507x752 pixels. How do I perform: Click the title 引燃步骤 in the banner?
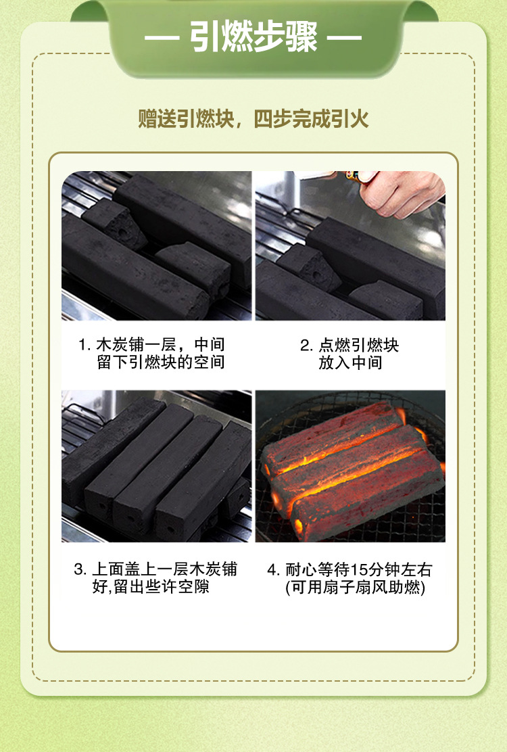pos(254,37)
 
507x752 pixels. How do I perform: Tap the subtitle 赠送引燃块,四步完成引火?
pos(254,119)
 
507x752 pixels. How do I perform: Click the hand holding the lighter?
pos(402,192)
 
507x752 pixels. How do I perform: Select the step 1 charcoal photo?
pos(157,245)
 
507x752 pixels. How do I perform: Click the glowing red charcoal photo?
pos(350,466)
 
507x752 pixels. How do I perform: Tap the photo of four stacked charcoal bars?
pos(157,466)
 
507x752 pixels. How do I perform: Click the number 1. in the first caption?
pos(84,345)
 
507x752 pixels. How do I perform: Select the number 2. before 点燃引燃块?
pos(307,346)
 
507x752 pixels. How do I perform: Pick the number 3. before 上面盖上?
pos(80,570)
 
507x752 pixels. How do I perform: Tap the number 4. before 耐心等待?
pos(273,570)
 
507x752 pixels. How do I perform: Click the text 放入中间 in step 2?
pos(350,362)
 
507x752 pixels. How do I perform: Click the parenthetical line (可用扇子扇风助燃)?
pos(355,588)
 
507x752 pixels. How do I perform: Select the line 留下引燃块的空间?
pos(161,362)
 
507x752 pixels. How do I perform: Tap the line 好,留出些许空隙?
pos(151,586)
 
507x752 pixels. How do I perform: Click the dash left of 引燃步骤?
pos(162,37)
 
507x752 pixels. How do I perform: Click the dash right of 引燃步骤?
pos(345,37)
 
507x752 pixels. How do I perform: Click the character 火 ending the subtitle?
pos(360,119)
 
